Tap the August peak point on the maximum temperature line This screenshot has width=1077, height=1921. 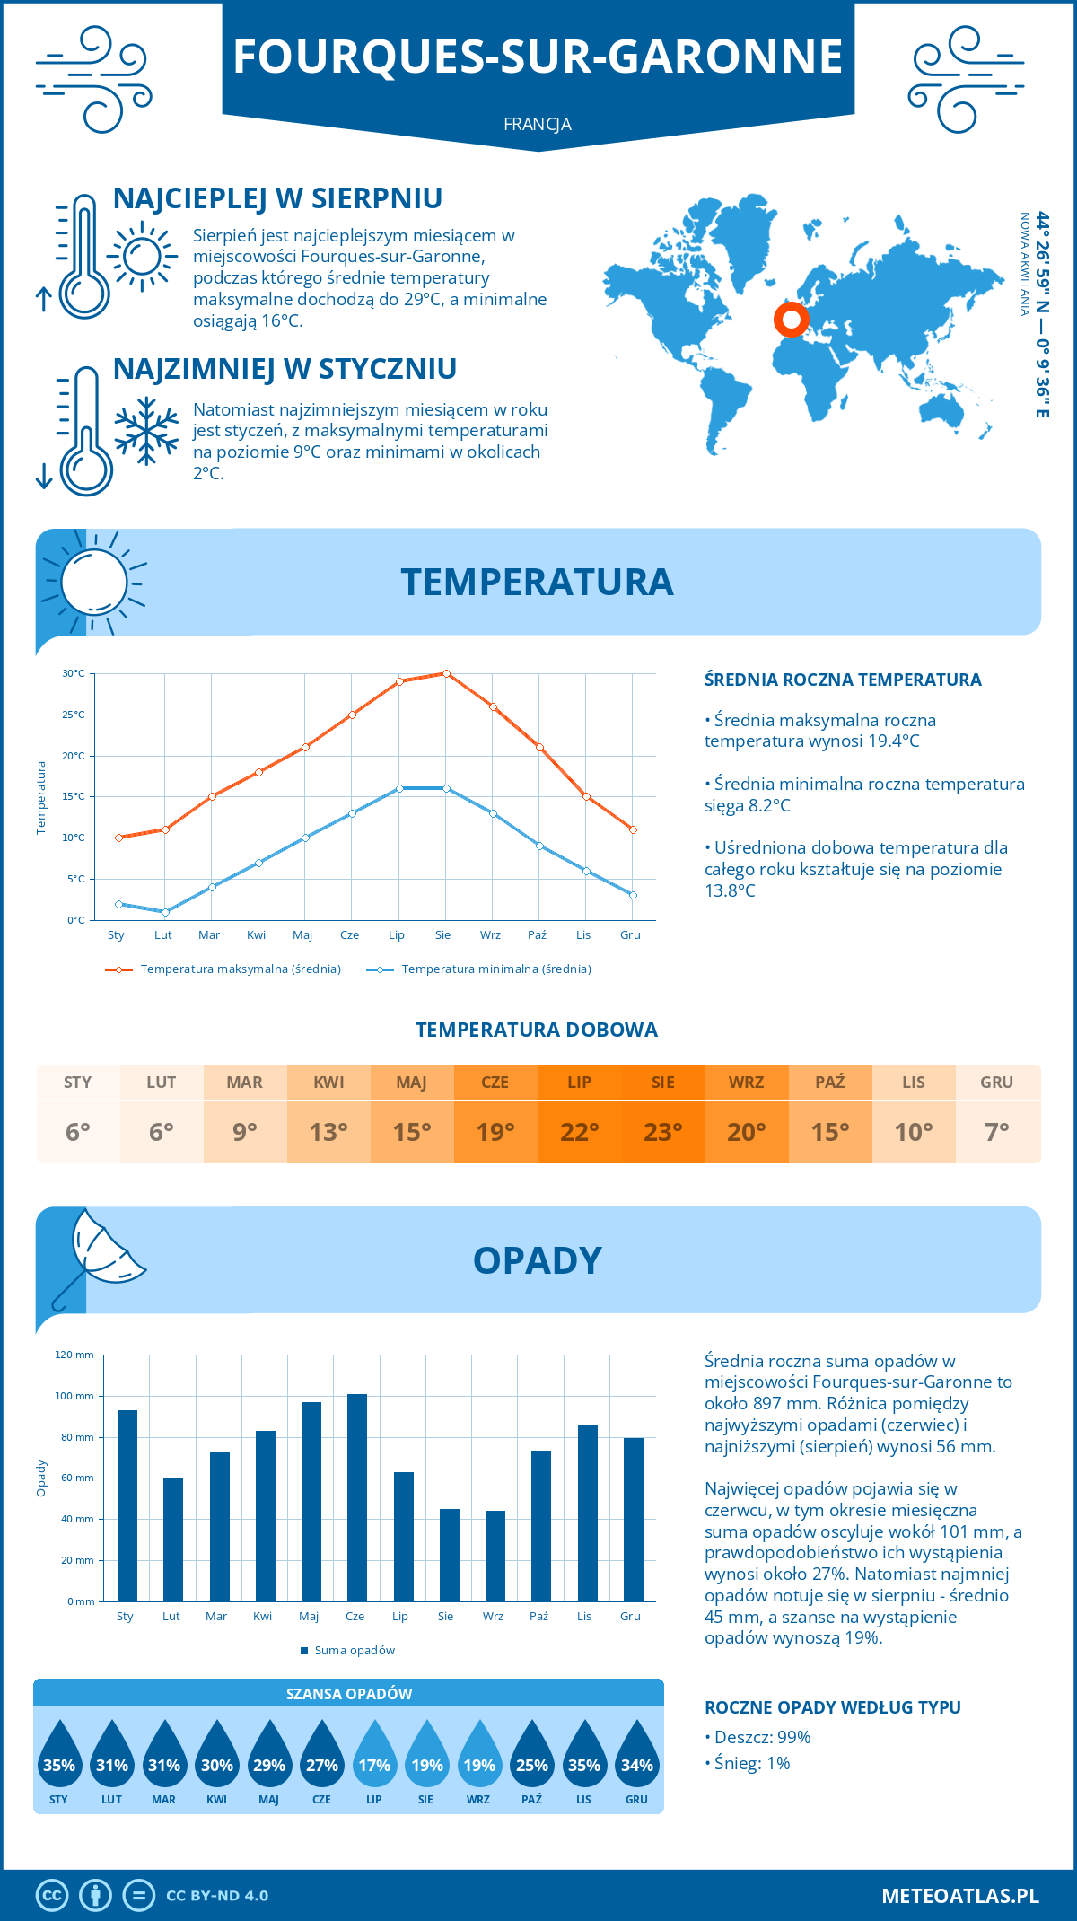pos(446,673)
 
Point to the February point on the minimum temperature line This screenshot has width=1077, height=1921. pos(165,912)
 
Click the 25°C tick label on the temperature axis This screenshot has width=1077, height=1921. pos(74,715)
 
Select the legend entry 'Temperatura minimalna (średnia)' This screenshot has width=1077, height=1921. pos(480,969)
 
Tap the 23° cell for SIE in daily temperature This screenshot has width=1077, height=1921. pos(663,1131)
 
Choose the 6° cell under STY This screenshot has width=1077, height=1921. pos(78,1131)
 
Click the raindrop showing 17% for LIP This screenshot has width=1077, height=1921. pos(374,1754)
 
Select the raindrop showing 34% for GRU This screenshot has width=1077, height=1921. pos(636,1754)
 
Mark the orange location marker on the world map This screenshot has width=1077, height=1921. pos(791,319)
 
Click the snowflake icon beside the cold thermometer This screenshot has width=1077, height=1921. pos(146,431)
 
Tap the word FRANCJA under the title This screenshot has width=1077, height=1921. pos(538,124)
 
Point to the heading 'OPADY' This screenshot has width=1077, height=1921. pos(537,1260)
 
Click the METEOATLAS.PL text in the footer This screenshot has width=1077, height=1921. pos(960,1896)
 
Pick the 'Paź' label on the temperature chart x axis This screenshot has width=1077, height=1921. pos(537,935)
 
